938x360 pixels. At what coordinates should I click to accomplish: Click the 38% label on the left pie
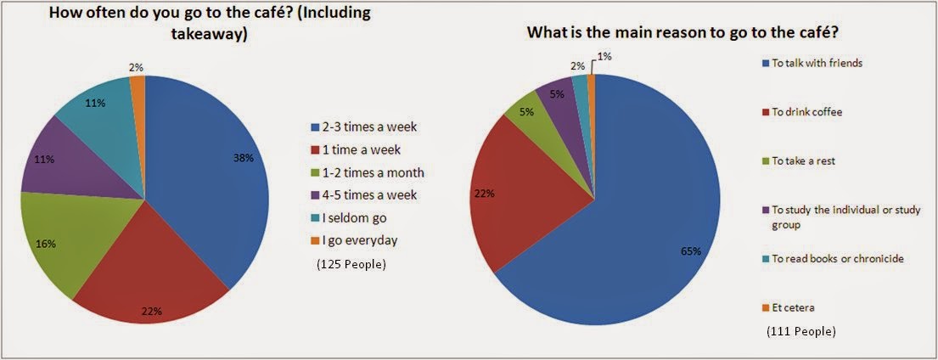pyautogui.click(x=244, y=159)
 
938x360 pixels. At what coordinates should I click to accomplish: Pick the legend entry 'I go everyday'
pyautogui.click(x=354, y=240)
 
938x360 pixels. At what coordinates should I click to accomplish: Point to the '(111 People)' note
pyautogui.click(x=801, y=330)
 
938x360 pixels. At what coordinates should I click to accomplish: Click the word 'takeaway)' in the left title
pyautogui.click(x=209, y=36)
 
